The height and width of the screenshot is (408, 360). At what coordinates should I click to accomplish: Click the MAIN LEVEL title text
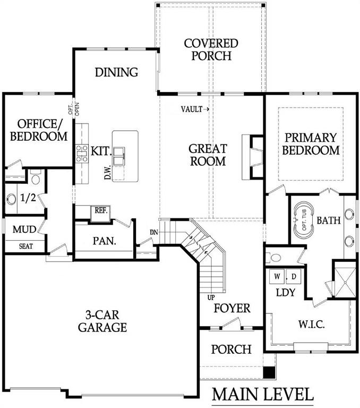click(263, 395)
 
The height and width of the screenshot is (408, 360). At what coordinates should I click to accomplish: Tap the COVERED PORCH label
click(211, 49)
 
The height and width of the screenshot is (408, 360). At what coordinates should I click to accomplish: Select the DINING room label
click(116, 72)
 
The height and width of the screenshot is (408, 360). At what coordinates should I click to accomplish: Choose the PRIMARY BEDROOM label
click(311, 143)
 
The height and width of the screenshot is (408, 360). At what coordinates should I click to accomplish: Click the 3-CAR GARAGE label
click(102, 320)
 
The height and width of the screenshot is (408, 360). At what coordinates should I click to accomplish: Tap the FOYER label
click(232, 308)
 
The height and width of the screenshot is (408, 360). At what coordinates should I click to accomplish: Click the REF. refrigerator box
click(101, 210)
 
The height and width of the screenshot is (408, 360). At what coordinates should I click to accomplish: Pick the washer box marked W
click(277, 277)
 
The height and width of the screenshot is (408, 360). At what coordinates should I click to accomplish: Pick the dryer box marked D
click(293, 277)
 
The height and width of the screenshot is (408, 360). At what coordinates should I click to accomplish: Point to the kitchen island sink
click(119, 154)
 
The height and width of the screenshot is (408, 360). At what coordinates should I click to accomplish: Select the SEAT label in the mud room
click(25, 246)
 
